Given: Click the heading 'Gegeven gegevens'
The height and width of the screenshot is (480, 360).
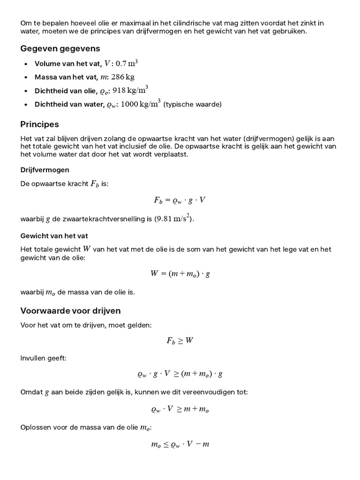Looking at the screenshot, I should tap(60, 49).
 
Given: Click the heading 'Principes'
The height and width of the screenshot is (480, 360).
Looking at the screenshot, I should tap(39, 124).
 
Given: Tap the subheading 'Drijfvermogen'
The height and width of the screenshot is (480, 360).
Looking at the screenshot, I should tap(45, 170).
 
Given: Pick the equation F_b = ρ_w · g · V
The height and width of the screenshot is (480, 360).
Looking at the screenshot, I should tap(180, 200).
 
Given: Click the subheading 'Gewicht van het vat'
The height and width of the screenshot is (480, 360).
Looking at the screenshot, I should tap(54, 236).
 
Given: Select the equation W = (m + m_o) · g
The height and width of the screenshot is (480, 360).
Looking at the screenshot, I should tap(180, 274).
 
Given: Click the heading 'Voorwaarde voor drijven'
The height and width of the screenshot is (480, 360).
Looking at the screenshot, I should tap(70, 310).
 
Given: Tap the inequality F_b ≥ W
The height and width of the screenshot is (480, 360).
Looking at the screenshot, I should tap(180, 341).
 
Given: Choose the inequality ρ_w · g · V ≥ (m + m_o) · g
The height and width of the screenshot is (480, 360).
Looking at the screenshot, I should tap(180, 374).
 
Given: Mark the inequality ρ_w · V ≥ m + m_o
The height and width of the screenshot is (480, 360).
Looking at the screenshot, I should tap(180, 409).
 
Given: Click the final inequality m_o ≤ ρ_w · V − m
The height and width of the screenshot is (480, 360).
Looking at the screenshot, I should tap(180, 444).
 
